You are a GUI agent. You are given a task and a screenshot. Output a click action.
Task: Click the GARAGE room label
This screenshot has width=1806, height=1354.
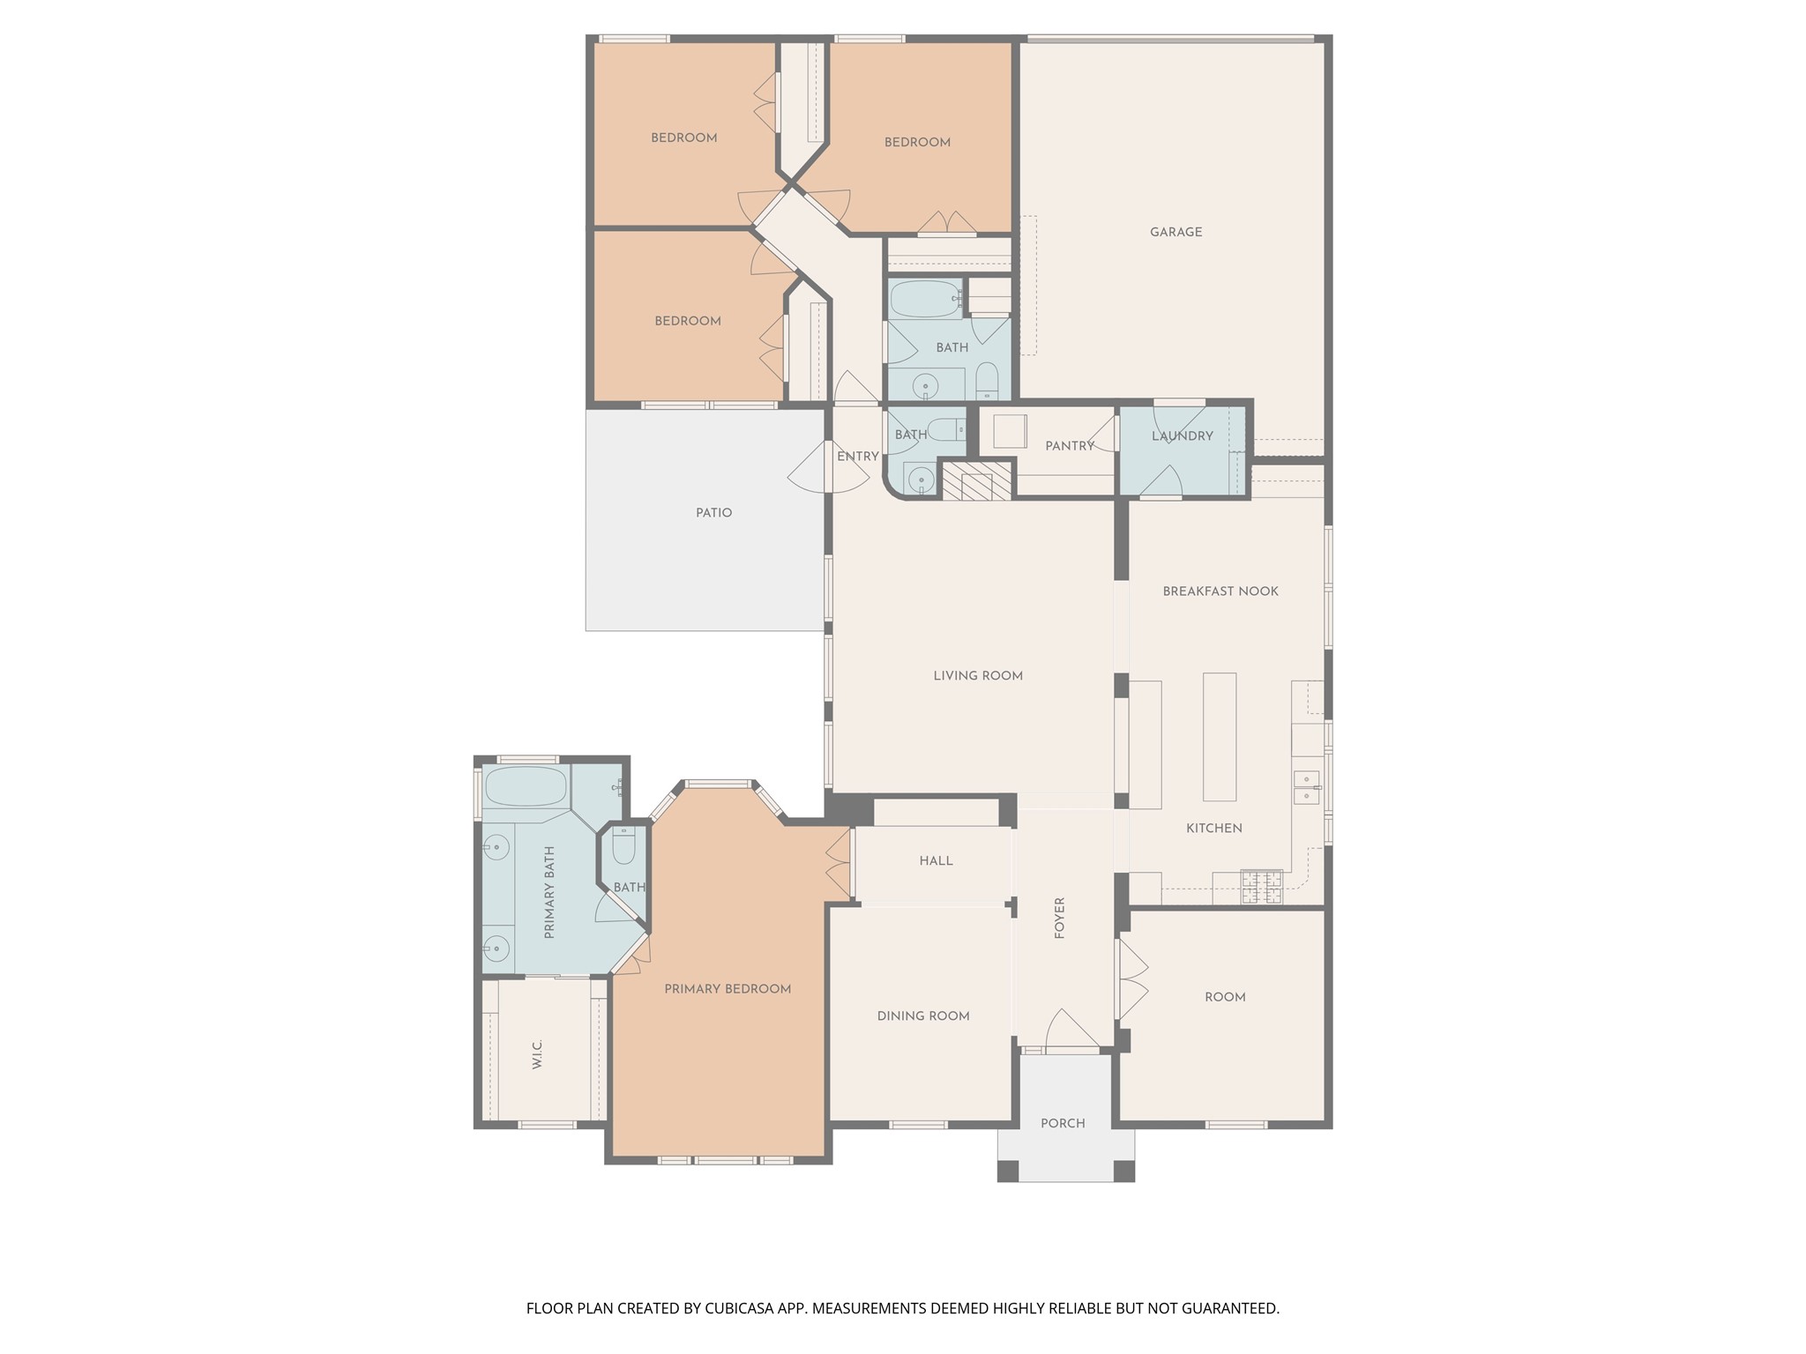[1175, 233]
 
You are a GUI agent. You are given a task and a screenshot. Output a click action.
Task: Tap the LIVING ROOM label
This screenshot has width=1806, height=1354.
[978, 676]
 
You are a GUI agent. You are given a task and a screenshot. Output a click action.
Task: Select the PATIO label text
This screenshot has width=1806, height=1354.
[713, 513]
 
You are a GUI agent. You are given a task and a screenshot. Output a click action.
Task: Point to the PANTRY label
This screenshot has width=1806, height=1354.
[1069, 447]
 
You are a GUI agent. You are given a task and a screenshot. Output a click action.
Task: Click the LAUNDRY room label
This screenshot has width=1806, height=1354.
[1182, 436]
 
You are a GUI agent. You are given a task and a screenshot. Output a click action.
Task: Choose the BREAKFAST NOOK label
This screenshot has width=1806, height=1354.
[1220, 591]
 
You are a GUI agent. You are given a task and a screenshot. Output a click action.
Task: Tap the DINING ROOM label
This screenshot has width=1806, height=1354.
[923, 1016]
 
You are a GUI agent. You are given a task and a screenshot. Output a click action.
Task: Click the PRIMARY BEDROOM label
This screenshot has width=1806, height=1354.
[728, 989]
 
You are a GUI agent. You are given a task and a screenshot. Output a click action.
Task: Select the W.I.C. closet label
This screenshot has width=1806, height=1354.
[538, 1054]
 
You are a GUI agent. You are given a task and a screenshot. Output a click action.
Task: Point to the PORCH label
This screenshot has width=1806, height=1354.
[1063, 1124]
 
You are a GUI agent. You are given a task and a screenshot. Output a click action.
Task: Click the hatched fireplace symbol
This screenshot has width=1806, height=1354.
[977, 480]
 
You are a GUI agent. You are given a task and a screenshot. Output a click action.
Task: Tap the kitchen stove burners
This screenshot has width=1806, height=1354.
[1260, 887]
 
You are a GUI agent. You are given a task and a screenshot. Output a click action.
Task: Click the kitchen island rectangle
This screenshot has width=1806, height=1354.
[1220, 737]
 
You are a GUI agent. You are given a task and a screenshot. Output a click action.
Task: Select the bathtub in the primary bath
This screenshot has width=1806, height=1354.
[526, 786]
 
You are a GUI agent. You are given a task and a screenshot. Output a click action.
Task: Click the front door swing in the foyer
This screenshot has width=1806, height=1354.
[1071, 1030]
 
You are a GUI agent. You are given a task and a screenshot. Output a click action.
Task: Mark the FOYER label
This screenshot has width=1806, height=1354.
[1060, 918]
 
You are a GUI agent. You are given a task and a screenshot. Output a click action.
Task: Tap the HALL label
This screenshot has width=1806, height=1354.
[936, 861]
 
